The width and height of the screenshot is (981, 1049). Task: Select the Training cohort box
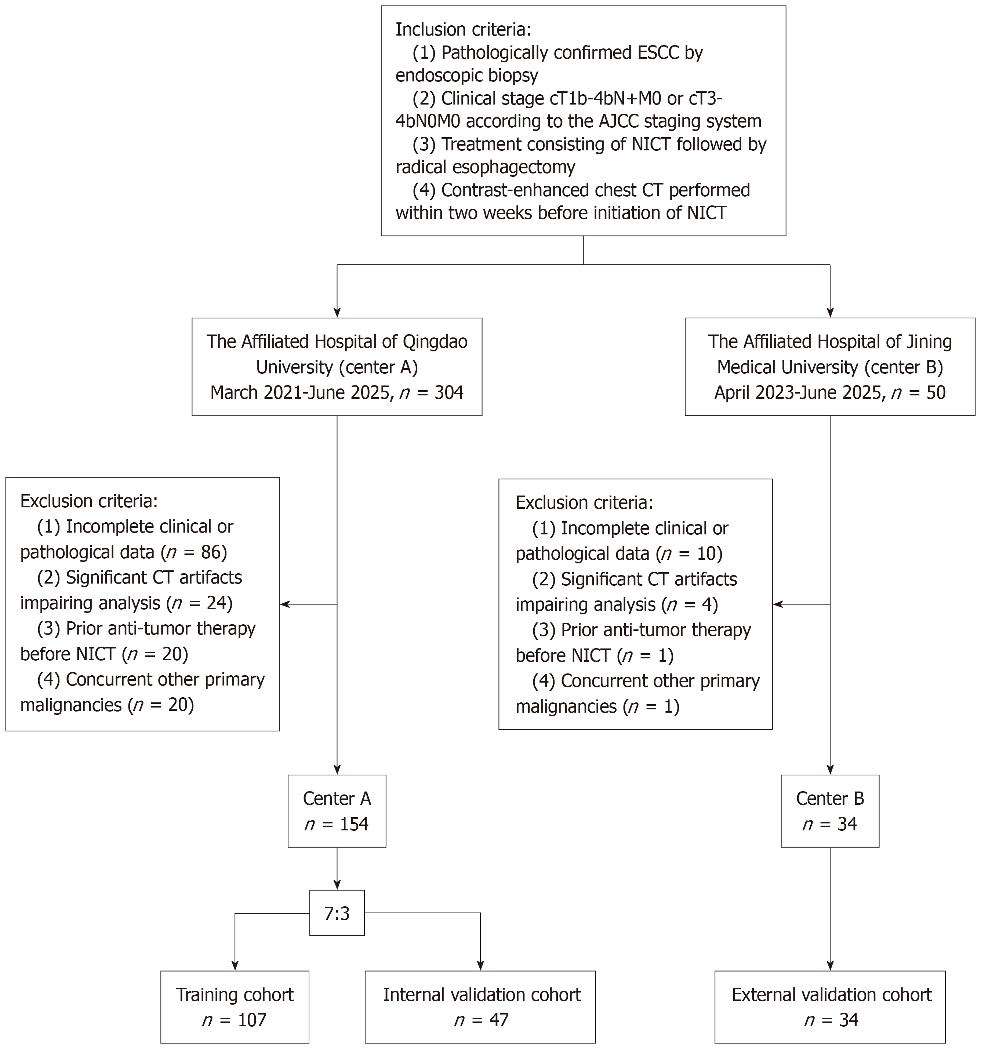(235, 1007)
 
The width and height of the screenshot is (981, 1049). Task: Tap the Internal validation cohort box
(480, 1007)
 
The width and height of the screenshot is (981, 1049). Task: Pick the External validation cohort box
(830, 1007)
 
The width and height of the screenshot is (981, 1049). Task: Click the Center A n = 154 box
(337, 811)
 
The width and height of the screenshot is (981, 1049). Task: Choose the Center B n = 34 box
(830, 811)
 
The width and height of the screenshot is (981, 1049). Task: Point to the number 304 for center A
(449, 392)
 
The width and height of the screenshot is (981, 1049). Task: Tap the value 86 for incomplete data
(211, 552)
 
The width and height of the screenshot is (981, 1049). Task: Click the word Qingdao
(435, 342)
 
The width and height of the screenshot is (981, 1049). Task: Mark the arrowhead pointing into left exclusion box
(285, 604)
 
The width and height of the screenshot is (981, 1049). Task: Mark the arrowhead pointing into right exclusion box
(778, 604)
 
